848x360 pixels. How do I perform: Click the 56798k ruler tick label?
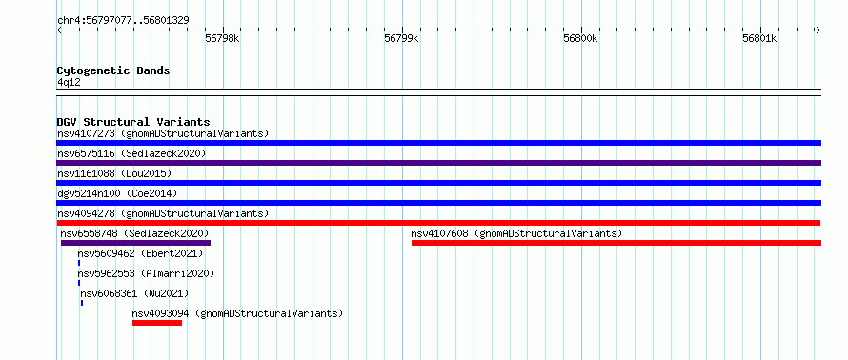click(222, 39)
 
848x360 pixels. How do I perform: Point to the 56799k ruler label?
click(401, 39)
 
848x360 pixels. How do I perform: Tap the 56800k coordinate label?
click(580, 39)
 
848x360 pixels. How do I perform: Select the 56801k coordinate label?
click(759, 39)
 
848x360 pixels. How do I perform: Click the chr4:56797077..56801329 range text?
click(123, 21)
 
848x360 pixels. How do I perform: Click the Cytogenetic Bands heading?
click(113, 70)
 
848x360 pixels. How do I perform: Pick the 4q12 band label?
click(69, 82)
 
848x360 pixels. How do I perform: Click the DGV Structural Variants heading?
click(133, 122)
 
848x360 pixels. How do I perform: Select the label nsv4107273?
click(87, 133)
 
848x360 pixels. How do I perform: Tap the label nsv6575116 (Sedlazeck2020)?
click(131, 153)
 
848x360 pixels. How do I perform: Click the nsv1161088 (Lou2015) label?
click(114, 173)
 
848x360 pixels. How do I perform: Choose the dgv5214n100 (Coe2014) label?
click(117, 193)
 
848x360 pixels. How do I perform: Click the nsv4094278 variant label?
click(87, 213)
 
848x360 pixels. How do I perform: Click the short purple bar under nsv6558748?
click(135, 243)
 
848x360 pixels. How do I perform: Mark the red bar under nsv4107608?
click(616, 243)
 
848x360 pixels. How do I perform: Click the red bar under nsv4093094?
click(157, 323)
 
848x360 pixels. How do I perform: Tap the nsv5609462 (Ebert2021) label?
click(140, 253)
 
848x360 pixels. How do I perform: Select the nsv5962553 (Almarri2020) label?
click(146, 273)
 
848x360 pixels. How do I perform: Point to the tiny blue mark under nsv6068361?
click(82, 303)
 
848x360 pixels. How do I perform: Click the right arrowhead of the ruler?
click(818, 30)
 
